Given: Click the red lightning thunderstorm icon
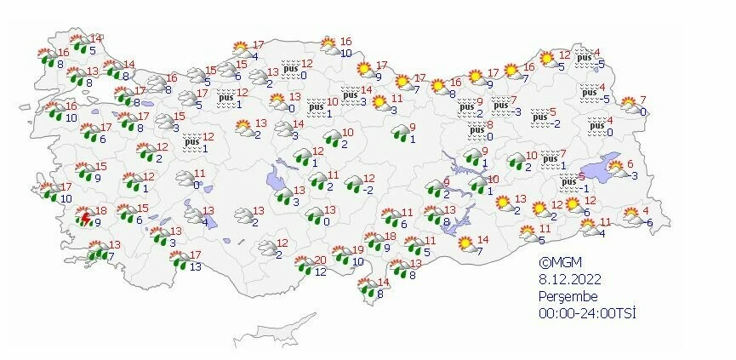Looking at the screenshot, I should [85, 218].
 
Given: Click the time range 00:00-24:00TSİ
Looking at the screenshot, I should [587, 313].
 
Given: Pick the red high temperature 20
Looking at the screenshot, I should [320, 260].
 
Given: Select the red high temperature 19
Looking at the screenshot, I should [358, 249].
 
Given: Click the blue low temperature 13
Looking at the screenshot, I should [196, 267].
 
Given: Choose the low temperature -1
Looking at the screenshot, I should [585, 188].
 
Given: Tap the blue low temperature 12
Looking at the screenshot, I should [321, 271].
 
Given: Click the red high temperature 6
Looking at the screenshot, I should [630, 164].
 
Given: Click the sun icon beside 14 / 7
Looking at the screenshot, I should [465, 245].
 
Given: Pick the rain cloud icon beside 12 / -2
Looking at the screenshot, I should [351, 184].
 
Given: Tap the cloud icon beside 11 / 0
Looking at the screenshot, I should [182, 178].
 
